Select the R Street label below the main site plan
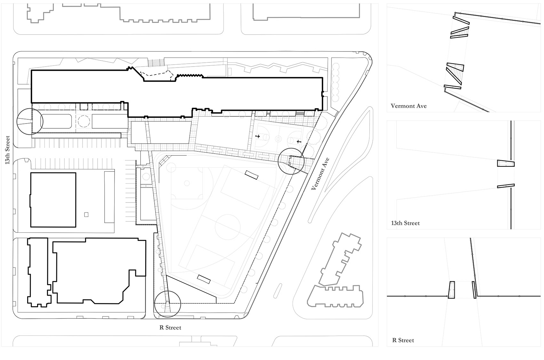[x=170, y=327]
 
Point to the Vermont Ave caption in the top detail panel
[x=409, y=106]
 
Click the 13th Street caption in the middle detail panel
[x=405, y=223]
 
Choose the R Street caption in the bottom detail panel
[x=403, y=340]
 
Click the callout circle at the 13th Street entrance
[x=30, y=121]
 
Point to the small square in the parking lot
[x=86, y=215]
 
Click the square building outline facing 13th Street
[x=53, y=200]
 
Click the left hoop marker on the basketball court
[x=257, y=137]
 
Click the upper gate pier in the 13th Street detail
[x=506, y=163]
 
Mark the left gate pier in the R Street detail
[x=452, y=290]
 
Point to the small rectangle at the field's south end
[x=204, y=279]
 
